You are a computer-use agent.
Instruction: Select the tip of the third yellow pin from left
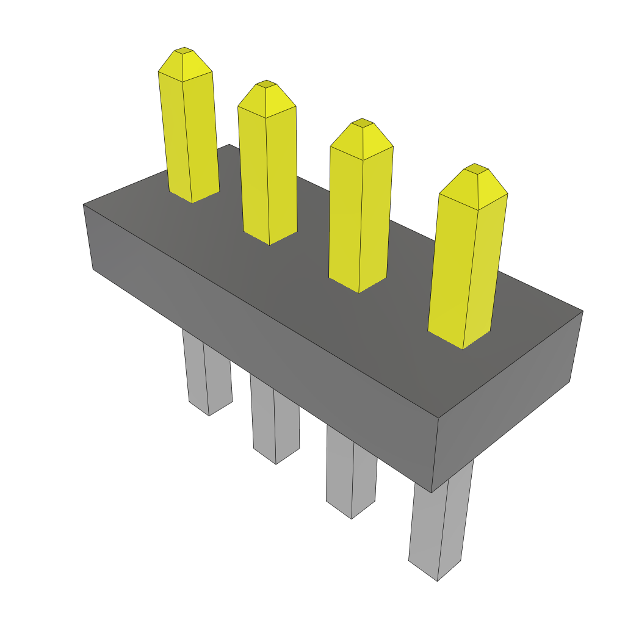(x=362, y=122)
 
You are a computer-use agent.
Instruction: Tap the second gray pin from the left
(x=275, y=421)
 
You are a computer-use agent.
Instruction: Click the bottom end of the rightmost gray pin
(x=437, y=577)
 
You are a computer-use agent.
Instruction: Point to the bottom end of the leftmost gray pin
(x=209, y=413)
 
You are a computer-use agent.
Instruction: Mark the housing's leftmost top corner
(x=84, y=204)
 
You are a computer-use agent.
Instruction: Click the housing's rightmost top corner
(x=582, y=311)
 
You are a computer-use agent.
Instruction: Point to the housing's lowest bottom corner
(x=432, y=492)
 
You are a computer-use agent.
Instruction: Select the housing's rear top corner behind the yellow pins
(x=229, y=145)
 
